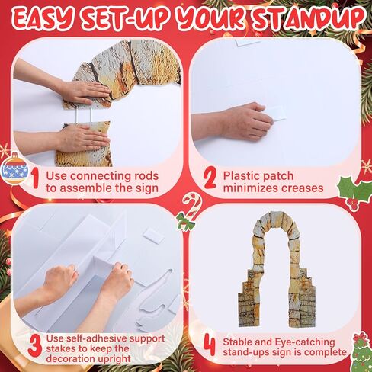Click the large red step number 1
point(35,179)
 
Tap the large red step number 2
point(210,179)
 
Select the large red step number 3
point(34,345)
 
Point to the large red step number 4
point(210,346)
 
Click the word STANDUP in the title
point(307,19)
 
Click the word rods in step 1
point(146,176)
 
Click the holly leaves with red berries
point(354,191)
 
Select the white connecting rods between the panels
point(83,116)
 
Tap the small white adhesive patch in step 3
point(152,236)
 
